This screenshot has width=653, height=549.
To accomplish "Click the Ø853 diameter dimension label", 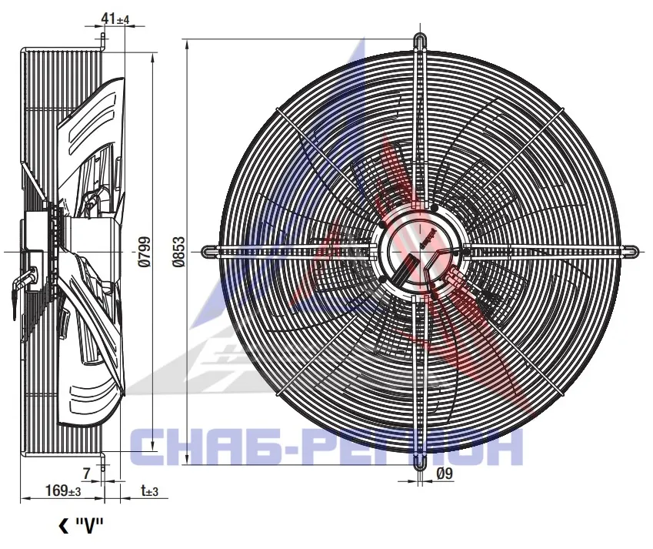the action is pyautogui.click(x=178, y=252).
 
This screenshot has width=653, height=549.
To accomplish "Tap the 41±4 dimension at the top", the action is pyautogui.click(x=115, y=18).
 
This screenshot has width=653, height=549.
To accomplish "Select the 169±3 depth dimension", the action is pyautogui.click(x=63, y=490).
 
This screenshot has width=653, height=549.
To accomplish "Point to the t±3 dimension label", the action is pyautogui.click(x=149, y=490).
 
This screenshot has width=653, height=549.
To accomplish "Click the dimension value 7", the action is pyautogui.click(x=87, y=474).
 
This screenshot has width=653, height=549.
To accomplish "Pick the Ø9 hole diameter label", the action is pyautogui.click(x=444, y=474).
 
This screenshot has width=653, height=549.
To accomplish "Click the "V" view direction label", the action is pyautogui.click(x=88, y=526).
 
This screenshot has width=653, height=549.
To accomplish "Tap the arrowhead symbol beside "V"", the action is pyautogui.click(x=64, y=526).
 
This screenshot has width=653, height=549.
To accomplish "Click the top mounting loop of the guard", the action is pyautogui.click(x=420, y=42).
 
